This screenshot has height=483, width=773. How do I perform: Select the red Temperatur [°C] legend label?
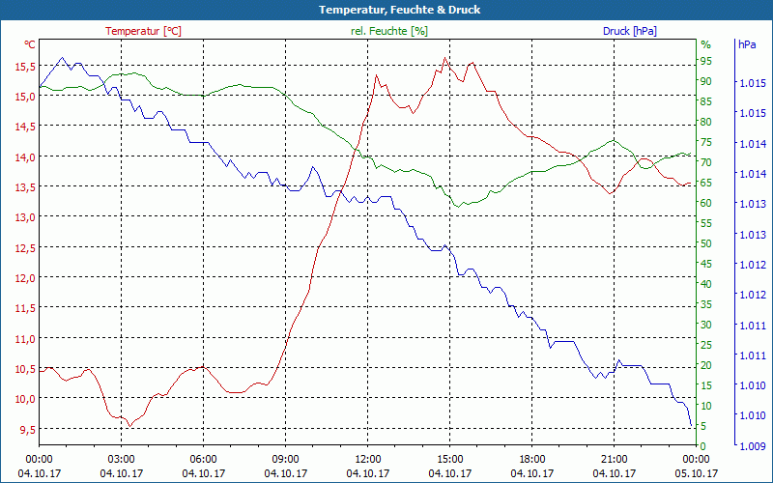143,31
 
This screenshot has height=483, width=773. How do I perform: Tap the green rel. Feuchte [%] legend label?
389,31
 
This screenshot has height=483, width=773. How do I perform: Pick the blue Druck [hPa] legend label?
629,31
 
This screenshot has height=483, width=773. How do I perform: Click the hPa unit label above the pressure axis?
747,44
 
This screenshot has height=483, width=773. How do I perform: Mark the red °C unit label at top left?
30,44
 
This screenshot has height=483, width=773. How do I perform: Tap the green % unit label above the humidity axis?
705,44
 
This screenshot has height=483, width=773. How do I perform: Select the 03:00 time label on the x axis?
121,459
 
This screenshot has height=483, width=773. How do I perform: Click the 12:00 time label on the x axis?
367,459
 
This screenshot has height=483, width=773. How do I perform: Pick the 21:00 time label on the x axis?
614,459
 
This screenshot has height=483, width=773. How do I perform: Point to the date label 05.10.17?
696,473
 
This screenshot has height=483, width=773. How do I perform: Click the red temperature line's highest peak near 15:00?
445,58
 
